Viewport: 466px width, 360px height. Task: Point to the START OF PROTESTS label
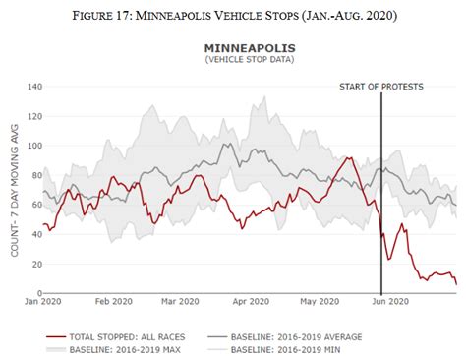point(381,87)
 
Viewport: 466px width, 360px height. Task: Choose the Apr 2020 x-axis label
point(251,302)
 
